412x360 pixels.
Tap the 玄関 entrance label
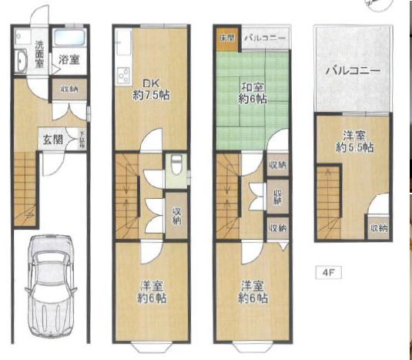(x=52, y=140)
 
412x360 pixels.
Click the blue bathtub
(x=69, y=39)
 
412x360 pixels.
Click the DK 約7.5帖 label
(x=150, y=89)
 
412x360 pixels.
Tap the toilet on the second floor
(x=176, y=165)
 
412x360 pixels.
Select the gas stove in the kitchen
(x=122, y=76)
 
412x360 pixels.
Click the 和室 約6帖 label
(x=252, y=92)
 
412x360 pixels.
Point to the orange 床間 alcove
(x=226, y=37)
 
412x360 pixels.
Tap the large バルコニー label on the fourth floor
(x=352, y=70)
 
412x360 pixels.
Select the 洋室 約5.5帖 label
(x=357, y=141)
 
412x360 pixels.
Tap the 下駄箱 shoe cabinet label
(x=82, y=140)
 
